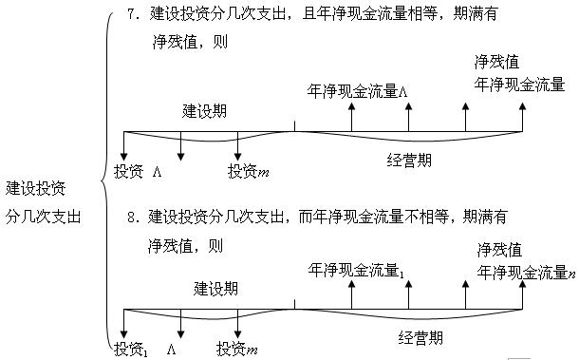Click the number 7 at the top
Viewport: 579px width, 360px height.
(131, 16)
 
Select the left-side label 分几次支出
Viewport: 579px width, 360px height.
(43, 215)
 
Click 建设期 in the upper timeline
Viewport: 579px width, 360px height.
(203, 110)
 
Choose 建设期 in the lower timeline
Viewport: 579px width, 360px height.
(216, 287)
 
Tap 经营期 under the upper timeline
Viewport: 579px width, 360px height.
(409, 161)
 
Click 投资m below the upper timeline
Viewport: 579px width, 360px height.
(250, 171)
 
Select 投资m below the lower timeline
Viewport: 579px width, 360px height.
(238, 348)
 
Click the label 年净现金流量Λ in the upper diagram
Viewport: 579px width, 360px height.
(357, 92)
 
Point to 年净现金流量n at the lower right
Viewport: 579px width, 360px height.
(527, 273)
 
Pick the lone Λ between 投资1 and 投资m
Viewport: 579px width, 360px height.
(173, 348)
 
